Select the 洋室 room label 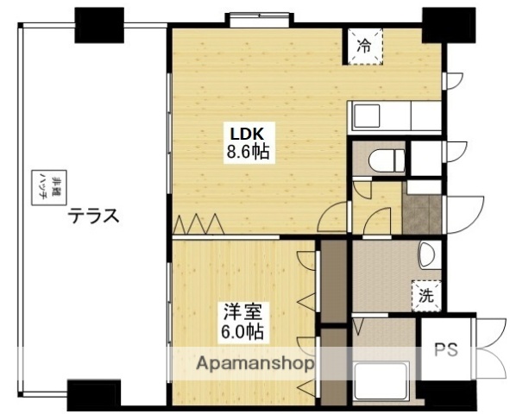[241, 311]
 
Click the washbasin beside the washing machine [426, 256]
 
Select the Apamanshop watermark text [255, 363]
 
